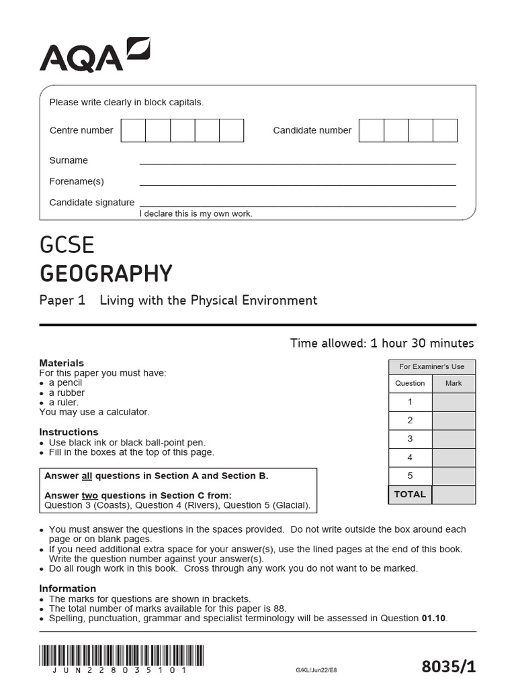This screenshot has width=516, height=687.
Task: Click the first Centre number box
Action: [x=133, y=130]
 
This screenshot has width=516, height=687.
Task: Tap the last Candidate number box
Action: [x=445, y=130]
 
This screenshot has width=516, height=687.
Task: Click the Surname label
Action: [x=69, y=160]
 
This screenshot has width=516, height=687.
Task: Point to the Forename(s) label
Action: [x=77, y=181]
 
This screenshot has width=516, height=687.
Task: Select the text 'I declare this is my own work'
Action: [x=196, y=214]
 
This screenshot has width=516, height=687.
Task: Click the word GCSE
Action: [x=67, y=245]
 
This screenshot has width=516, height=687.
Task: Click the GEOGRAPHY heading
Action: [x=105, y=274]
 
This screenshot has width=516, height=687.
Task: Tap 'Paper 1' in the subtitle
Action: [x=62, y=301]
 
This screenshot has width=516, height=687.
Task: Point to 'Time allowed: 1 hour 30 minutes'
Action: [x=382, y=343]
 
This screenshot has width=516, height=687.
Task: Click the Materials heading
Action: [x=62, y=363]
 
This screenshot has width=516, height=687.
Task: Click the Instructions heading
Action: [x=69, y=432]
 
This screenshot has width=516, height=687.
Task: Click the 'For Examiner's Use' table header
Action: [x=431, y=366]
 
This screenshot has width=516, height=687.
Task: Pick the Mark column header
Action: [x=454, y=383]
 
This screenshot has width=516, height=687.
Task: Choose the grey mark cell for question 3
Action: [x=454, y=439]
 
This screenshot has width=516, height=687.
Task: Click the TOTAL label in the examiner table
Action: [x=410, y=494]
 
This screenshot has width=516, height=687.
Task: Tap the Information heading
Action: [x=67, y=588]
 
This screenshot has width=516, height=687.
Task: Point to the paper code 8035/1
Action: [x=448, y=666]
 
